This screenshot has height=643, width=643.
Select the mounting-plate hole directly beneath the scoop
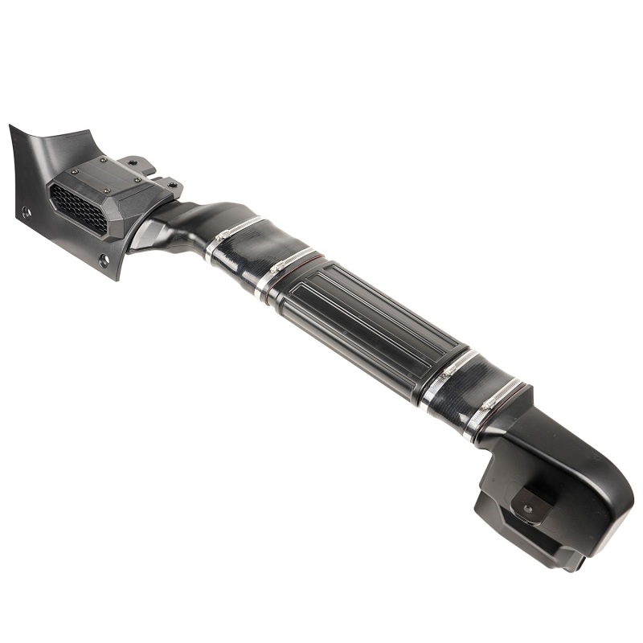click(104, 260)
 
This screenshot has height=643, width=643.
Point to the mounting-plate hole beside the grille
click(27, 213)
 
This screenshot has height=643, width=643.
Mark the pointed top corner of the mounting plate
click(11, 127)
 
